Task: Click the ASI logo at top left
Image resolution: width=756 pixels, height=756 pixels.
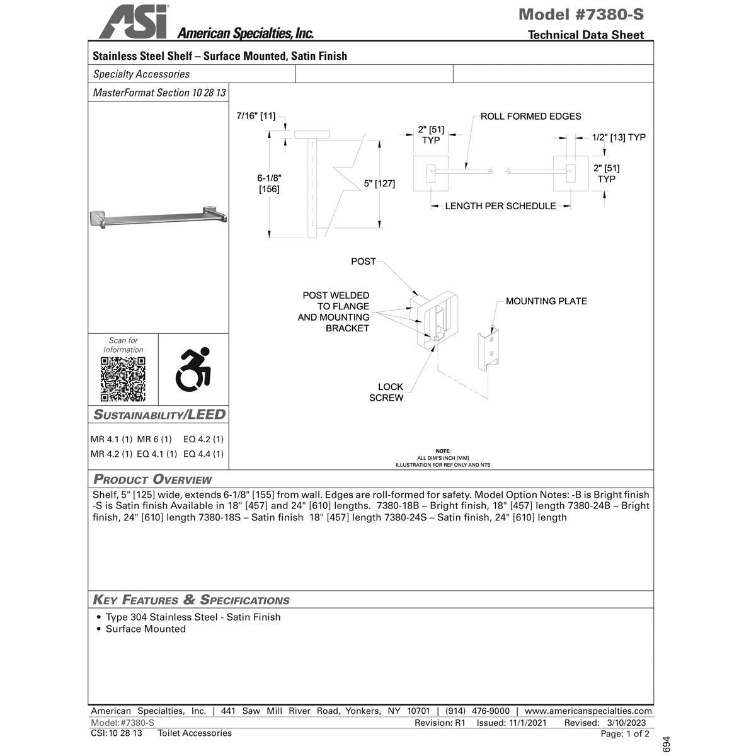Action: point(133,22)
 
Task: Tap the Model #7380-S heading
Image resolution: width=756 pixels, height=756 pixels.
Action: point(581,14)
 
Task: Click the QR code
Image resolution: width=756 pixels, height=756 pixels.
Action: point(123,379)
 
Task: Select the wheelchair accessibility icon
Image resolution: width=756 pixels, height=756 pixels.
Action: point(193,369)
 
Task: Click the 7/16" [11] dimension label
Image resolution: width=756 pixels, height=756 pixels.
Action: point(256,116)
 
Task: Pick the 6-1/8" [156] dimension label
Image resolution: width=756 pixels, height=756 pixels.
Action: point(269,183)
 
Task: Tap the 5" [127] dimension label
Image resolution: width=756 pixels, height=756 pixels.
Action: point(379,183)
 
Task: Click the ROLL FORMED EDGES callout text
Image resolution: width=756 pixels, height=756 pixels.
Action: point(530,116)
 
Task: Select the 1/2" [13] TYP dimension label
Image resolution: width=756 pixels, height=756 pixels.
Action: point(619,137)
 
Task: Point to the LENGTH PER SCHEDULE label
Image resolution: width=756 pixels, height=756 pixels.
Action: point(500,206)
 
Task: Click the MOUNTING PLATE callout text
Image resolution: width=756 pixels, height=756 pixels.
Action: point(546,301)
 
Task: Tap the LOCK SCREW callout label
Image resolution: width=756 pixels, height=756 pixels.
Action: point(386,392)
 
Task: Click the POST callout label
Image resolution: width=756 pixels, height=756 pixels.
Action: point(363,261)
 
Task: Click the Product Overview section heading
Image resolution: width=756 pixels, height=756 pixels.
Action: point(152,479)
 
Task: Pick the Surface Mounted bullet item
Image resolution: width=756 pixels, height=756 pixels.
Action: point(146,629)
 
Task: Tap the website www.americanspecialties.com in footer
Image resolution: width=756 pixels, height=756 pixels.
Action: point(588,711)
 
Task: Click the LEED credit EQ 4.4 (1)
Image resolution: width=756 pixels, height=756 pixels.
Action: point(203,454)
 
